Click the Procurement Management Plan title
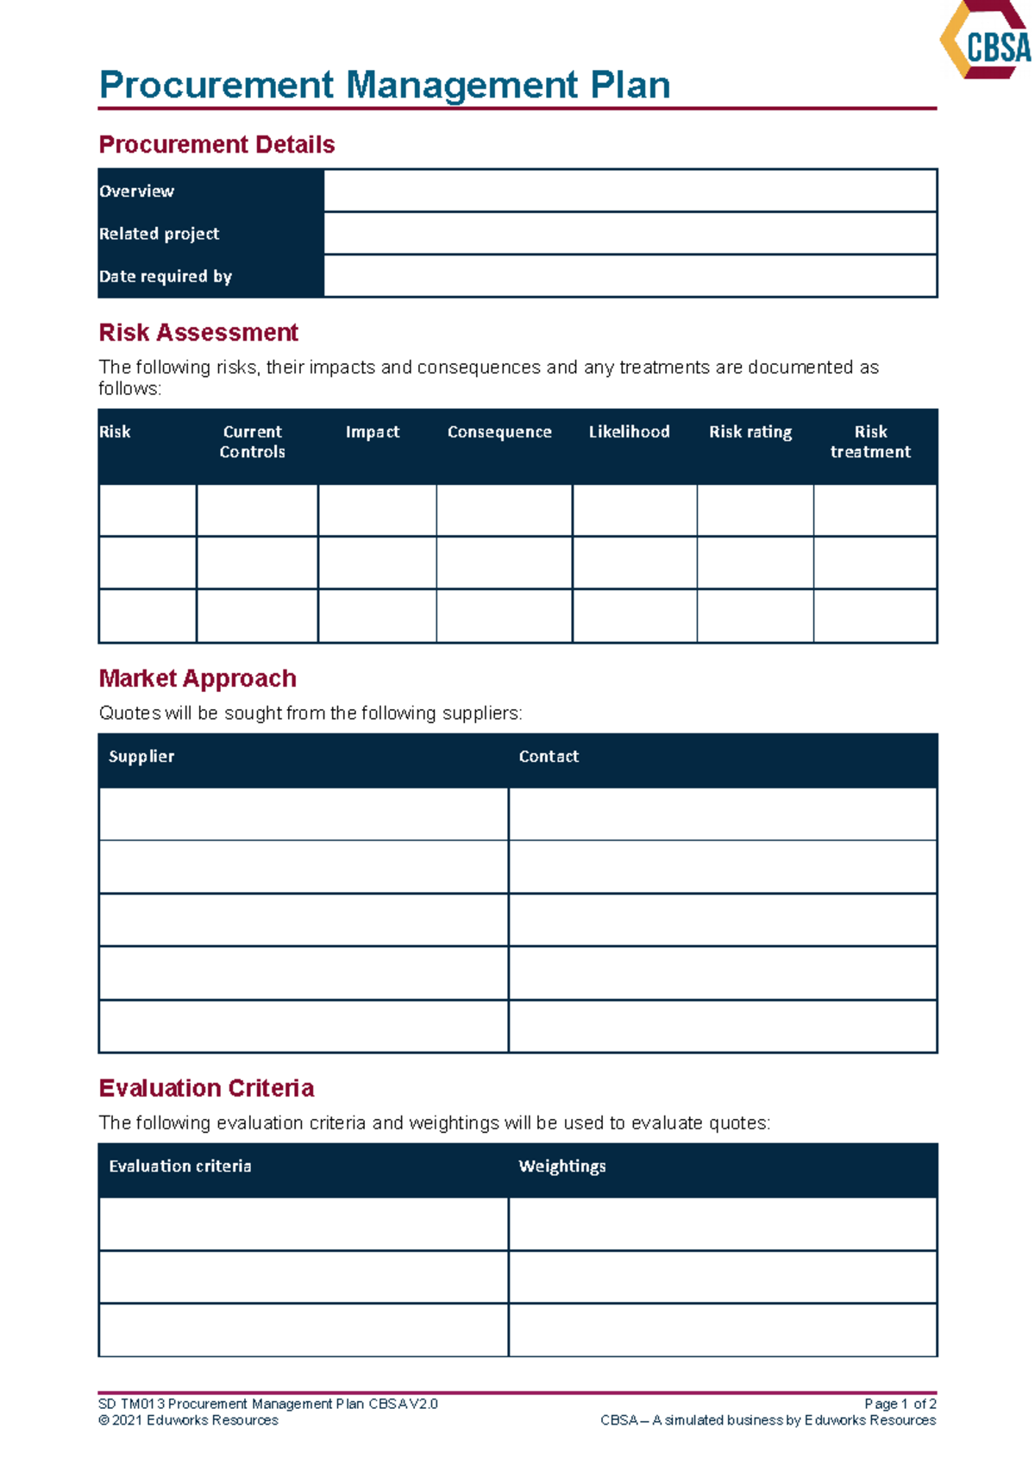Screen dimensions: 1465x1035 (x=385, y=85)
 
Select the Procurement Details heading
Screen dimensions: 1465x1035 (x=216, y=144)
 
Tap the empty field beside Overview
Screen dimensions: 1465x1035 (x=630, y=191)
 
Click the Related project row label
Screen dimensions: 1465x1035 (x=159, y=234)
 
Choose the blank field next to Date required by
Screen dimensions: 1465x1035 (x=630, y=276)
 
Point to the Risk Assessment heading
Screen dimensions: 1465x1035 (x=198, y=332)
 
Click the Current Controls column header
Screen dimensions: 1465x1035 (x=252, y=442)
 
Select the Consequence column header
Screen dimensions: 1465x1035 (x=499, y=432)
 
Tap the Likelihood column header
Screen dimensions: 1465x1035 (x=629, y=432)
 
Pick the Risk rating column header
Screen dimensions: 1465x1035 (x=750, y=432)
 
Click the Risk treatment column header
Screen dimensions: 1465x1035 (x=870, y=442)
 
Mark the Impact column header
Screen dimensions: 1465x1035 (x=373, y=432)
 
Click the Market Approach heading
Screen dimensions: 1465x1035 (x=198, y=678)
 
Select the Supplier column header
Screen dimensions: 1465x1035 (x=141, y=757)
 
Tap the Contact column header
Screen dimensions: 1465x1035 (x=549, y=757)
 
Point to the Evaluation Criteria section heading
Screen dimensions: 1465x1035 (x=206, y=1088)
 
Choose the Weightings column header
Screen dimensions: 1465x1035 (x=562, y=1166)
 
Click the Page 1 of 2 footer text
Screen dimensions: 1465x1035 (x=900, y=1404)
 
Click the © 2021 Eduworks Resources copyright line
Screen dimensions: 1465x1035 (x=189, y=1420)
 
